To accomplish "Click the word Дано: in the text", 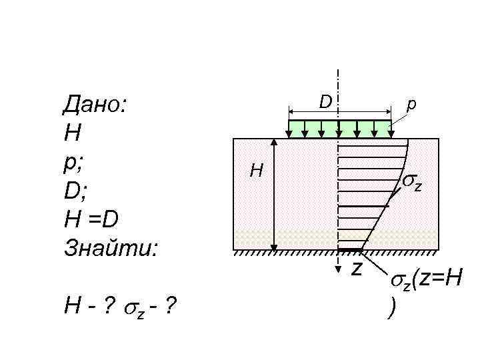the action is point(96,105).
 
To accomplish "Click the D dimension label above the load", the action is point(325,101).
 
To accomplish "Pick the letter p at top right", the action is point(411,104).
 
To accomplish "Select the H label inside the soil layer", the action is point(256,172).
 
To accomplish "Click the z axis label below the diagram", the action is point(357,268).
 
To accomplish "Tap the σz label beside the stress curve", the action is point(412,183).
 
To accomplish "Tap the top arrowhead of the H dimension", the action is point(273,142).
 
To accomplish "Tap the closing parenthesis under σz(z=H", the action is point(390,309).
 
